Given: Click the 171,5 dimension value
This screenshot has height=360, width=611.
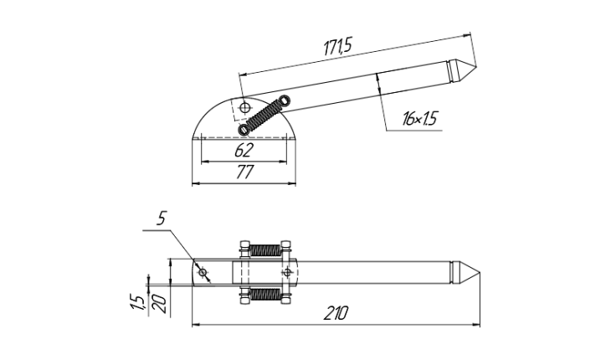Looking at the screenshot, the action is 337,46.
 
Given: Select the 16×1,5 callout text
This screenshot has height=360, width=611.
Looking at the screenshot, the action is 420,118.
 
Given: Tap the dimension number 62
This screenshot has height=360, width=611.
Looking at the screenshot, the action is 244,150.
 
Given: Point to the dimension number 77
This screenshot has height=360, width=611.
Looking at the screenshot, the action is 245,172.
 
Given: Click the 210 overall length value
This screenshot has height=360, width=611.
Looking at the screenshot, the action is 336,313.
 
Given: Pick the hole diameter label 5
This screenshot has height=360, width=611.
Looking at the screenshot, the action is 162,219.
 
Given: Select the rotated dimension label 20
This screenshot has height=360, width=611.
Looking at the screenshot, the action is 160,304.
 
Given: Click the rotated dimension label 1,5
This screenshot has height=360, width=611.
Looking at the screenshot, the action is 137,302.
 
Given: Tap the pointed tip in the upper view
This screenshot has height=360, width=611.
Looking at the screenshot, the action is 475,66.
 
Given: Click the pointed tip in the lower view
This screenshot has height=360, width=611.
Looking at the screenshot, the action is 480,273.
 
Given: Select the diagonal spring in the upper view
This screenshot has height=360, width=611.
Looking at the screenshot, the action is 264,116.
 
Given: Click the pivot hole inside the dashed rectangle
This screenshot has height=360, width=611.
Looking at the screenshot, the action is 244,107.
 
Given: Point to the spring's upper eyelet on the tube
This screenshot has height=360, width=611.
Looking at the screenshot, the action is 285,100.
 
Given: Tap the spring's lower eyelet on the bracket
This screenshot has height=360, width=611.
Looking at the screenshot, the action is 244,130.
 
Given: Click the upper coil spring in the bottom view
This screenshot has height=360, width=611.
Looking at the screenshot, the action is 264,250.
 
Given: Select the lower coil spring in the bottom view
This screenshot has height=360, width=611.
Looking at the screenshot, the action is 264,294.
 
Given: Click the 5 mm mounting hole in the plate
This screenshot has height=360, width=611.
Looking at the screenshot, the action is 203,272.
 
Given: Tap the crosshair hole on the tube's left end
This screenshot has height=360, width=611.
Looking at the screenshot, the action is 287,272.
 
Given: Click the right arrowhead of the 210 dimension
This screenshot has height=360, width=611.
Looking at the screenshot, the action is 476,324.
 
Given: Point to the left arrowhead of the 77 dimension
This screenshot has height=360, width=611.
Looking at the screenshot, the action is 197,183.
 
